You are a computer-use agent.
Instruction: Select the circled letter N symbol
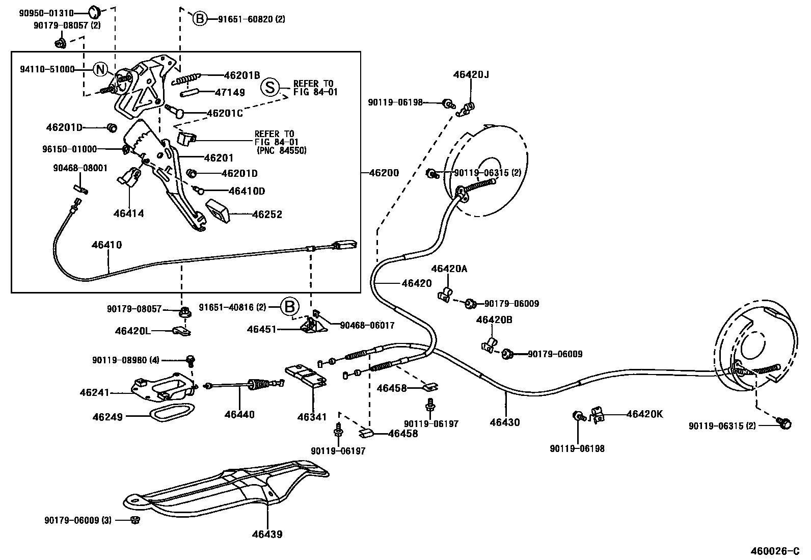[101, 70]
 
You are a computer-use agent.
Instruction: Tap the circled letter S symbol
[270, 88]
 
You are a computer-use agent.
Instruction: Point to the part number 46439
[266, 535]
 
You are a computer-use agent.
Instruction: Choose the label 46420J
[471, 75]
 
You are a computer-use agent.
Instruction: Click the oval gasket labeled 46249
[173, 412]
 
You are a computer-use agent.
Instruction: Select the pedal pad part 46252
[218, 210]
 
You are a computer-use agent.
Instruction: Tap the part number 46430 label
[505, 422]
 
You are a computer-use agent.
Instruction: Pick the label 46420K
[644, 414]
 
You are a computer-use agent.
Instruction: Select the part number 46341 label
[312, 417]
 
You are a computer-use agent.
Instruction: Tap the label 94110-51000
[47, 70]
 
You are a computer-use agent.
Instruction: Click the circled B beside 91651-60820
[200, 19]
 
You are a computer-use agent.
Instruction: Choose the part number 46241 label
[94, 392]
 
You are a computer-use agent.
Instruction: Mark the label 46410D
[247, 191]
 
